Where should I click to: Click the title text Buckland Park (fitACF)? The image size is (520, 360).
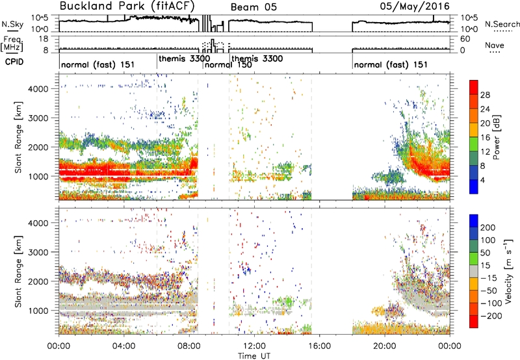click(127, 6)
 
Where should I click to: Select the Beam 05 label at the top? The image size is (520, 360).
click(253, 7)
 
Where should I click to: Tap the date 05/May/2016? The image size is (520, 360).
click(415, 6)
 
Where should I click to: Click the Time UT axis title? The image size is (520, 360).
click(254, 355)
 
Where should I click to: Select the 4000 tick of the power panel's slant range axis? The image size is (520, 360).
click(38, 89)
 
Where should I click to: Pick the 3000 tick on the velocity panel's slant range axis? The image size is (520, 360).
click(38, 252)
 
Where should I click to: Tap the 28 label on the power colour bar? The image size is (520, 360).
click(485, 95)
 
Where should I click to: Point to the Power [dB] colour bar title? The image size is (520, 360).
click(496, 137)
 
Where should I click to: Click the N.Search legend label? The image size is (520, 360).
click(502, 24)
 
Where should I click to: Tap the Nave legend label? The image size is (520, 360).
click(495, 45)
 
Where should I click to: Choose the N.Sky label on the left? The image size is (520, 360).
click(12, 24)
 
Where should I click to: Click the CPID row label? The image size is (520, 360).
click(14, 62)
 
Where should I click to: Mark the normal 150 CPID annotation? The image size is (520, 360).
click(228, 64)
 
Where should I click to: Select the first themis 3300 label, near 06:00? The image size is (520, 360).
click(184, 58)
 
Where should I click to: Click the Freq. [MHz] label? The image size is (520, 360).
click(12, 44)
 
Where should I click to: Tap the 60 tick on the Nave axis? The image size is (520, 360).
click(465, 39)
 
